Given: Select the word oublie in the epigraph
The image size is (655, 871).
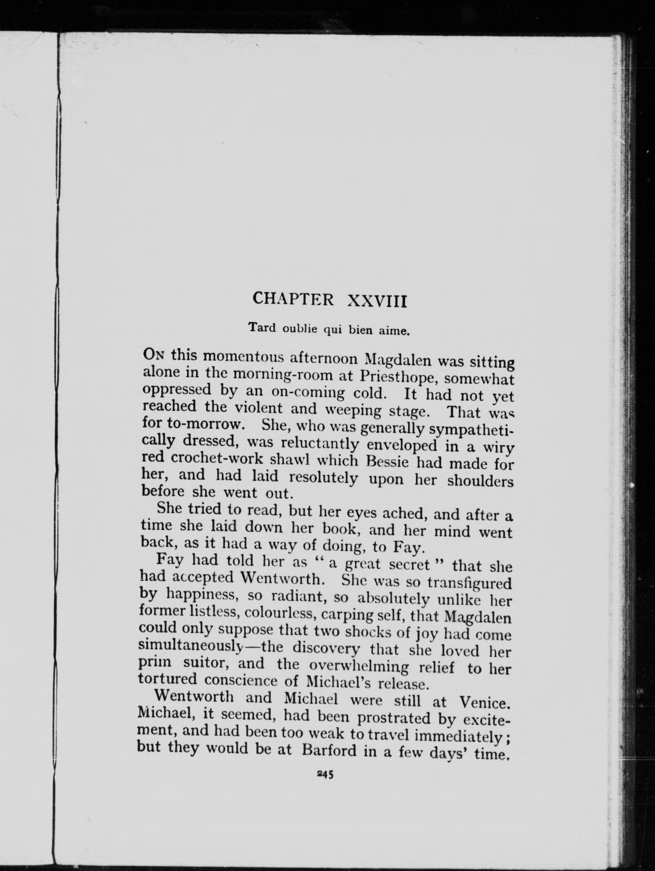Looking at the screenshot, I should click(300, 329).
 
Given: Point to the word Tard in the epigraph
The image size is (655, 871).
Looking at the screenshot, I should click(262, 327).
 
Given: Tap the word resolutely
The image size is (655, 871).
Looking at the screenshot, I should click(323, 478).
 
